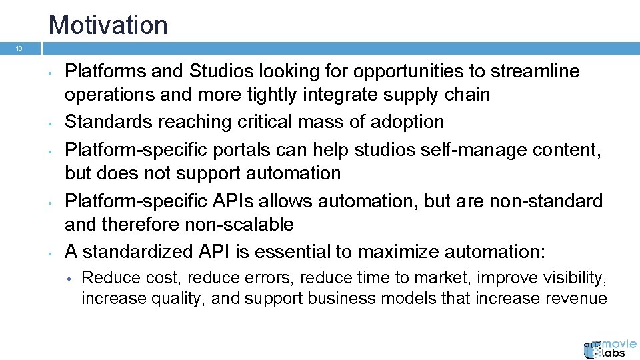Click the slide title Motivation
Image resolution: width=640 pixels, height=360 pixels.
(108, 25)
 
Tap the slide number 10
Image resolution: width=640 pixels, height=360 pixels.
(19, 49)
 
